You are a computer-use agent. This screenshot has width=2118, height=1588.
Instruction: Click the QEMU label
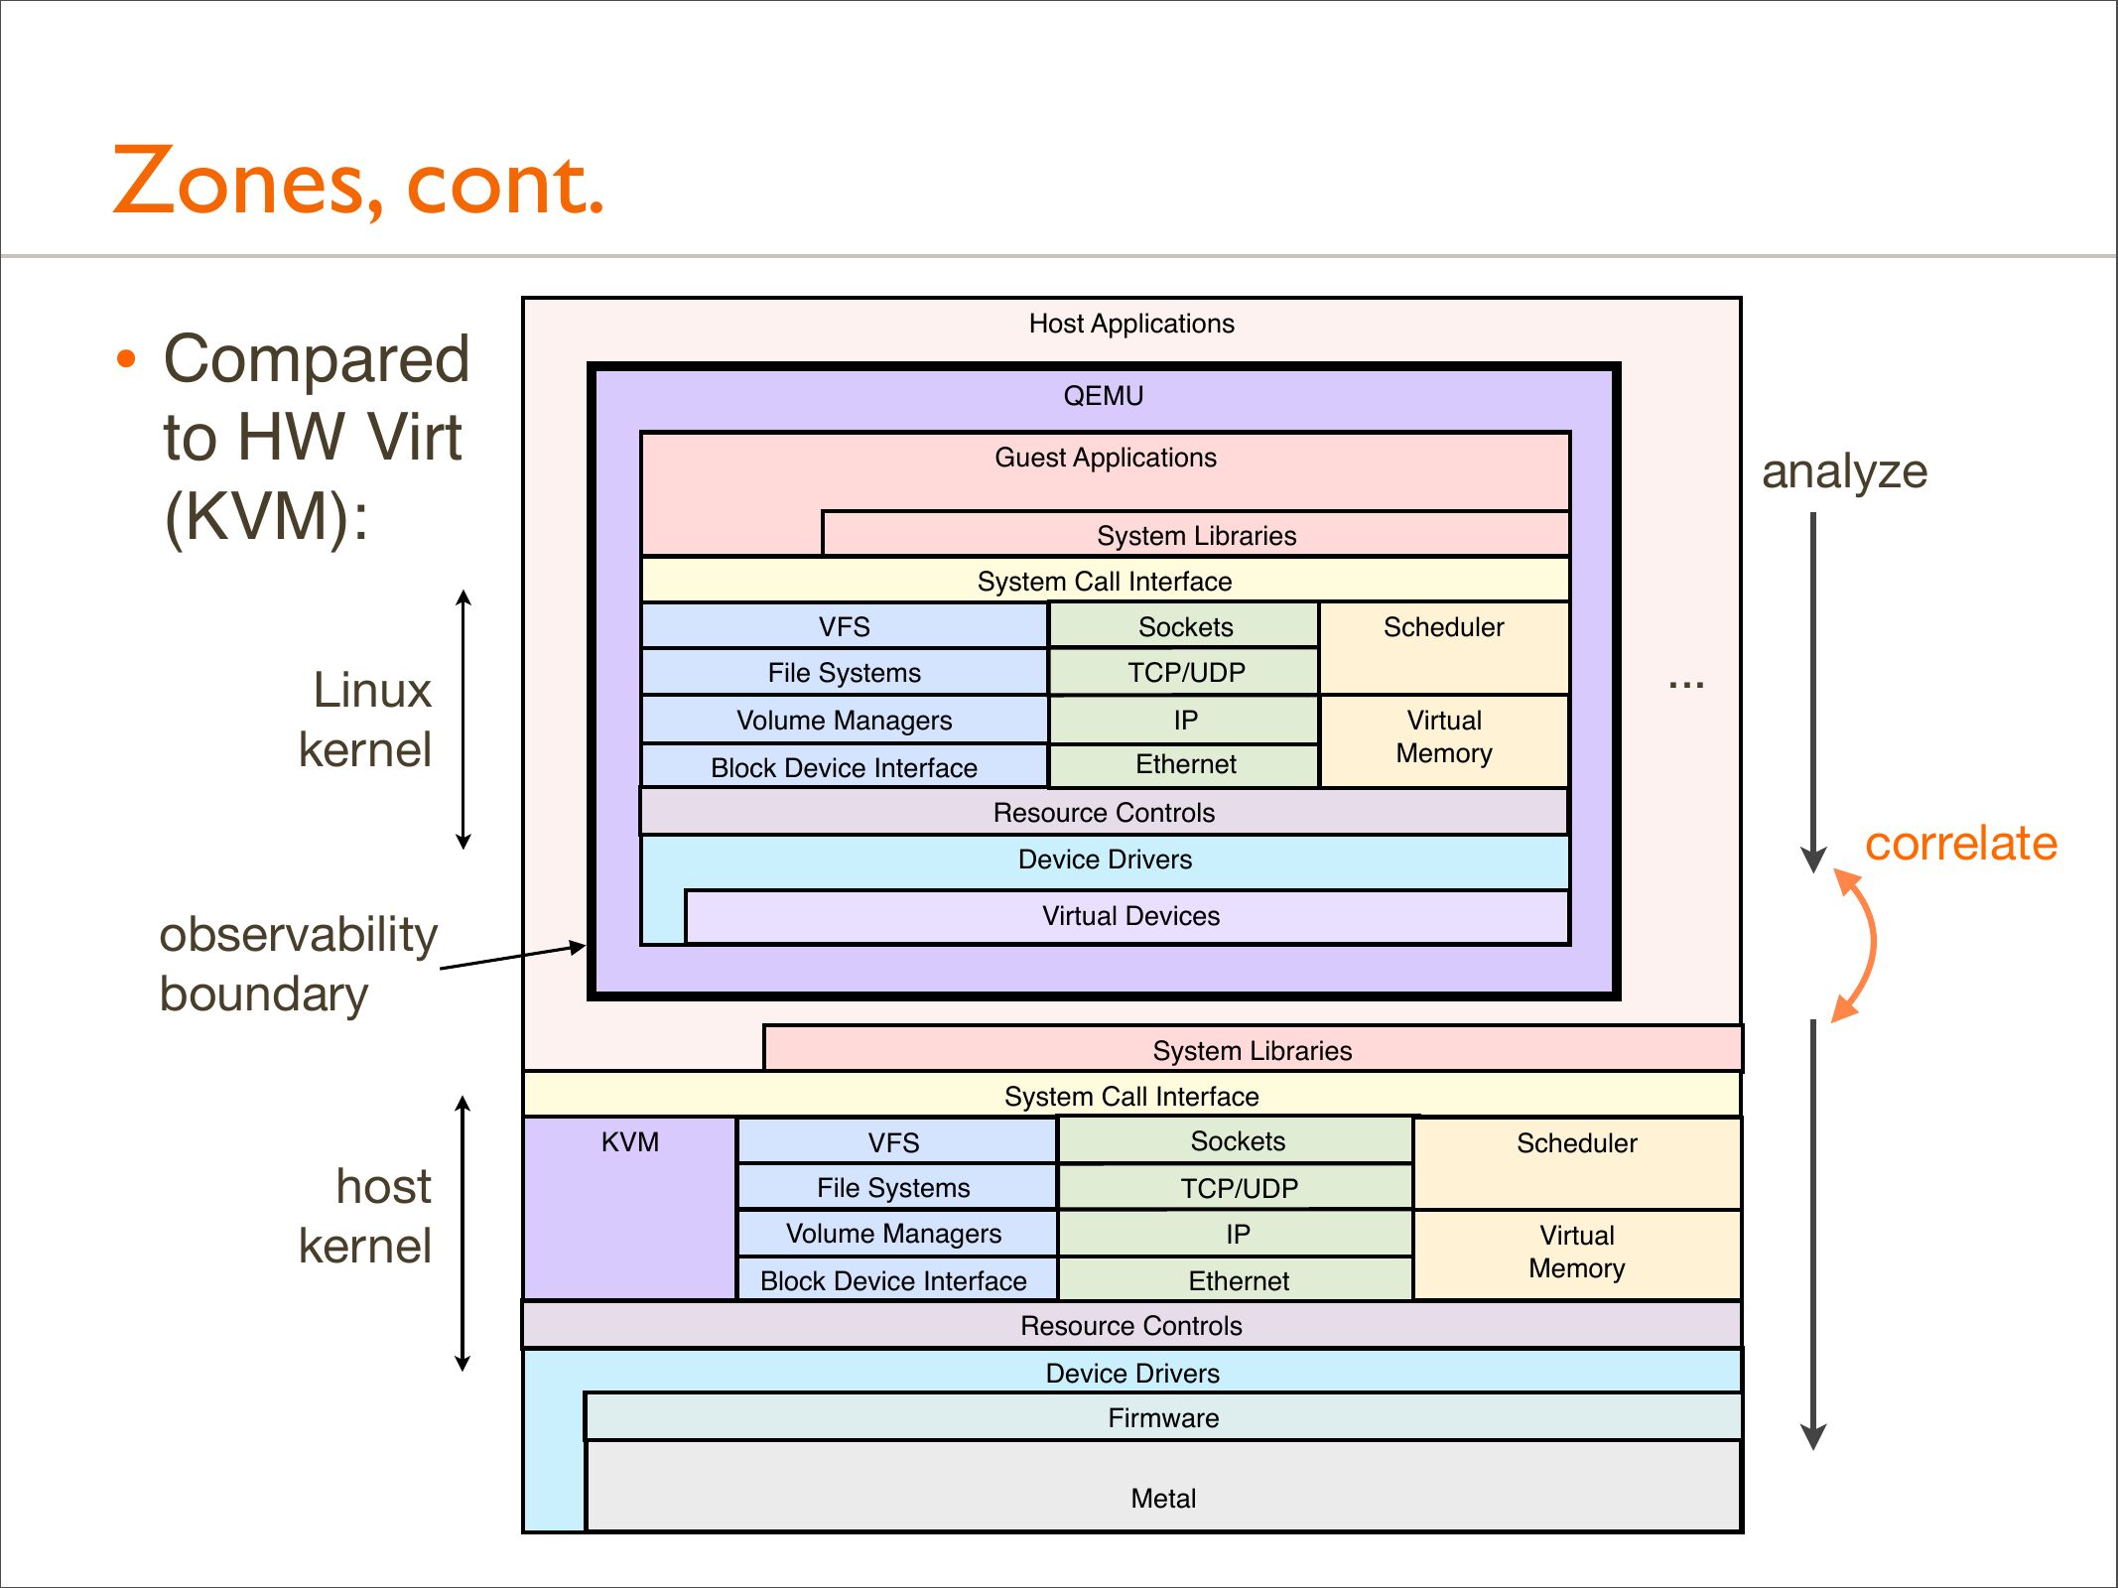[1103, 396]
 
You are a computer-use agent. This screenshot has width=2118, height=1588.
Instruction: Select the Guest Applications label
[1105, 458]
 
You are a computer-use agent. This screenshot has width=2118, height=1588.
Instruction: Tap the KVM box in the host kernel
[629, 1206]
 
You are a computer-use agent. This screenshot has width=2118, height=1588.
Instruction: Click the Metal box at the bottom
[1163, 1486]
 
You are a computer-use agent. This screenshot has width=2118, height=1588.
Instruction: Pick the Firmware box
[1163, 1417]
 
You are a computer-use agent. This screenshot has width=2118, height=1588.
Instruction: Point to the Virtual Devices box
[1129, 916]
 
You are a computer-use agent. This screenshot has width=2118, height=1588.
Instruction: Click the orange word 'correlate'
[1960, 844]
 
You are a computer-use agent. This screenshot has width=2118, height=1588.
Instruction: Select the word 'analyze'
[1844, 471]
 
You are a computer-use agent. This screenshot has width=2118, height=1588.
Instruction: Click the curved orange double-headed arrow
[1861, 943]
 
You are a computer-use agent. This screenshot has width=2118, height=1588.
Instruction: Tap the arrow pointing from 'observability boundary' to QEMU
[512, 956]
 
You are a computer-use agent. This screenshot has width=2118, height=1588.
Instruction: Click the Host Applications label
[1130, 324]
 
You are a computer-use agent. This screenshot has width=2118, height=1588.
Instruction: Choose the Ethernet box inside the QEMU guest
[1185, 765]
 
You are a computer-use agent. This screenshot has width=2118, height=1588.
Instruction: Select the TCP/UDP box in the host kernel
[1238, 1188]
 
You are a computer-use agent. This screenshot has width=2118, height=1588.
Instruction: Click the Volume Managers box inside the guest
[844, 721]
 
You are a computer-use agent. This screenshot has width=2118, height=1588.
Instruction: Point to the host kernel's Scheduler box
[1576, 1161]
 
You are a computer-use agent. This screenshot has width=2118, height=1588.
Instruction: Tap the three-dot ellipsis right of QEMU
[1685, 685]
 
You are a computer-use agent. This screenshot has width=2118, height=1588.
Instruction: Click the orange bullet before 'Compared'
[125, 359]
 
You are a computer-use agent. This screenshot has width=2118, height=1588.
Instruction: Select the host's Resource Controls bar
[1130, 1326]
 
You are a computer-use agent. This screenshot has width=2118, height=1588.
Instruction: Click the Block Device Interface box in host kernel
[893, 1280]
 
